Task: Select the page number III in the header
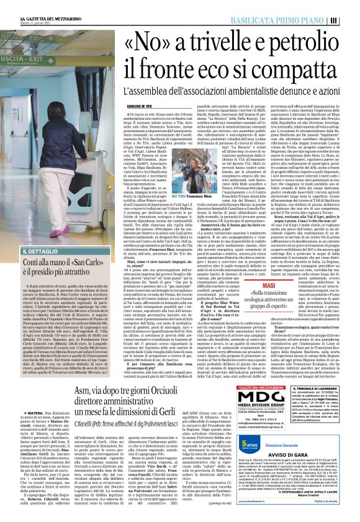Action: (351, 20)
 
